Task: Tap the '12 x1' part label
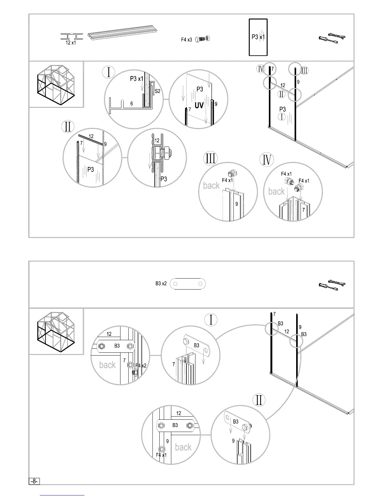coord(71,43)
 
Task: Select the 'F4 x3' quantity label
coord(186,40)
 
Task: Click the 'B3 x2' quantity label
coord(161,284)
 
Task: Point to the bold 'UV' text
coord(199,105)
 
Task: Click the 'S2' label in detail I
coord(157,91)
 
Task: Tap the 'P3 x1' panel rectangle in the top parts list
coord(258,37)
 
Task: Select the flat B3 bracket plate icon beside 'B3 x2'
coord(188,284)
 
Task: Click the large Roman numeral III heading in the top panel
coord(210,158)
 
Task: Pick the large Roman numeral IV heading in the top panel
coord(267,160)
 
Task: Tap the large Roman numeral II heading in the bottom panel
coord(259,401)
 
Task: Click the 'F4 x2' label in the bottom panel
coord(141,366)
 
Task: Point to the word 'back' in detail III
coord(211,185)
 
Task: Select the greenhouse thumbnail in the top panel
coord(56,84)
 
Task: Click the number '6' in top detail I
coord(132,103)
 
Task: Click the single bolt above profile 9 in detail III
coord(232,173)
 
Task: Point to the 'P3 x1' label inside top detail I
coord(136,79)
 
